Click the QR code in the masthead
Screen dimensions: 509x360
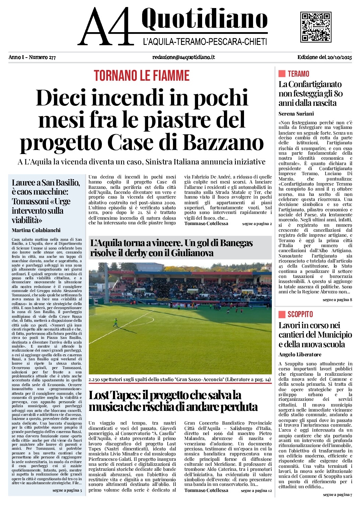[316, 27]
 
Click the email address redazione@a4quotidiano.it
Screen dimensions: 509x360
[183, 57]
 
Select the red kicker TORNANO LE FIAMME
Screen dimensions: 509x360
[141, 76]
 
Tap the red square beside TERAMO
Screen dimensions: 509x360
[282, 74]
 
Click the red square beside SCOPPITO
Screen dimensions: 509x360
[282, 314]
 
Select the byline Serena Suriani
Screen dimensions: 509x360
[296, 114]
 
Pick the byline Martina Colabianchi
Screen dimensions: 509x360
[36, 230]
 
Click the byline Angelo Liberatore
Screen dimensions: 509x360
[300, 355]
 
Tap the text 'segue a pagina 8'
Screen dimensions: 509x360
[337, 300]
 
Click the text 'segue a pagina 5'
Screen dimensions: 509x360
[67, 490]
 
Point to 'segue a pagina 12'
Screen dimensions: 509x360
[256, 491]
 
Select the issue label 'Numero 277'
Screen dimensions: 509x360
[42, 57]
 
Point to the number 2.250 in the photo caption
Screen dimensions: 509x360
[97, 380]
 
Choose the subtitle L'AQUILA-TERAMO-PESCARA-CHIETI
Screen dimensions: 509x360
[205, 42]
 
